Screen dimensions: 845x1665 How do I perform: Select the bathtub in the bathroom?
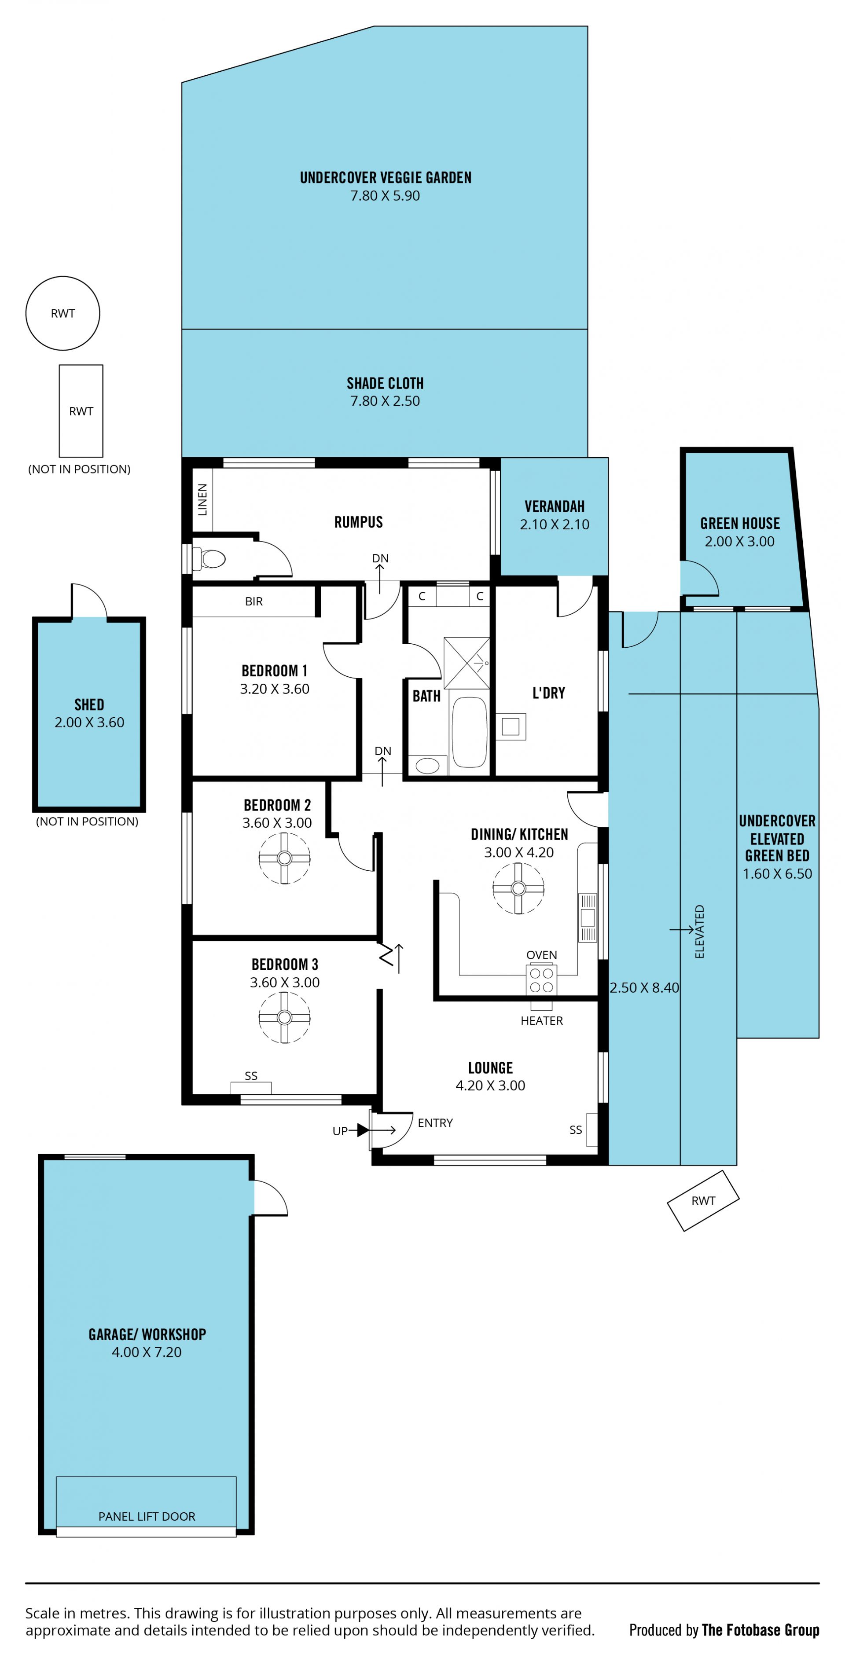[x=469, y=732]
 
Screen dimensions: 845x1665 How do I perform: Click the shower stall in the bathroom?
[x=467, y=663]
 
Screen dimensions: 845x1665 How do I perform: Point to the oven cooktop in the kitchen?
[x=541, y=979]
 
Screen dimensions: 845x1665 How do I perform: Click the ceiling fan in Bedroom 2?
[x=284, y=858]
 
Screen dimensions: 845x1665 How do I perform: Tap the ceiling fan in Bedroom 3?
[x=284, y=1017]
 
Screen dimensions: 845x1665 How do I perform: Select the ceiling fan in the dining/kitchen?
[x=518, y=889]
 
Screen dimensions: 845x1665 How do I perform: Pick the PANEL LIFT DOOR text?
[x=147, y=1516]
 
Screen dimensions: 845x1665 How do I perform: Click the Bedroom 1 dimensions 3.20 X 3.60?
[x=275, y=689]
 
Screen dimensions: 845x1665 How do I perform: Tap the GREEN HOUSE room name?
[x=740, y=524]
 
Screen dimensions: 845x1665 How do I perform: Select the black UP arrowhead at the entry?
[x=363, y=1130]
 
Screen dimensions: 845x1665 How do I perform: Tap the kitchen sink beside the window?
[x=588, y=917]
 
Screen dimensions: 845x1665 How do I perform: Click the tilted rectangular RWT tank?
[x=703, y=1201]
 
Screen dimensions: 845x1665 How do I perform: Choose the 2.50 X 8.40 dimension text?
[x=645, y=988]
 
